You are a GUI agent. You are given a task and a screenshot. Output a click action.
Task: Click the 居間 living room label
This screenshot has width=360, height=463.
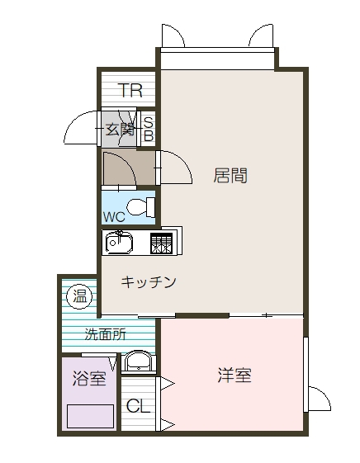230,176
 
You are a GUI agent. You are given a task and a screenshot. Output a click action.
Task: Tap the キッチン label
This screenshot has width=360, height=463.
149,282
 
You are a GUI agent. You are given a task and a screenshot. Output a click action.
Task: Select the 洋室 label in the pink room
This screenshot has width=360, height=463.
234,376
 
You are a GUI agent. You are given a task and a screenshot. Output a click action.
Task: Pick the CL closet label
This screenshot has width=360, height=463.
138,406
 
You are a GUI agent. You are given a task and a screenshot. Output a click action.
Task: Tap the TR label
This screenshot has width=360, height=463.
130,91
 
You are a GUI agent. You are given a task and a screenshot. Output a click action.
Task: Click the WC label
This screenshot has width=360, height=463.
114,216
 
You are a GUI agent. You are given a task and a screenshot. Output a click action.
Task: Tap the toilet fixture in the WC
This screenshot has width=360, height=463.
141,206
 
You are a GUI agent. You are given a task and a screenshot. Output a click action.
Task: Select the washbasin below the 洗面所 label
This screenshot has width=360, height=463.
137,361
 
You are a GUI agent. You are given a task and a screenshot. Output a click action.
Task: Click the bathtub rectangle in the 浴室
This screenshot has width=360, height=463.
90,415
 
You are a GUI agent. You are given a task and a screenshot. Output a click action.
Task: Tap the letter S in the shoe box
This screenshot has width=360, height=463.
149,120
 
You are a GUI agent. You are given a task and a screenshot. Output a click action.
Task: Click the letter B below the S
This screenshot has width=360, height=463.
149,135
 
